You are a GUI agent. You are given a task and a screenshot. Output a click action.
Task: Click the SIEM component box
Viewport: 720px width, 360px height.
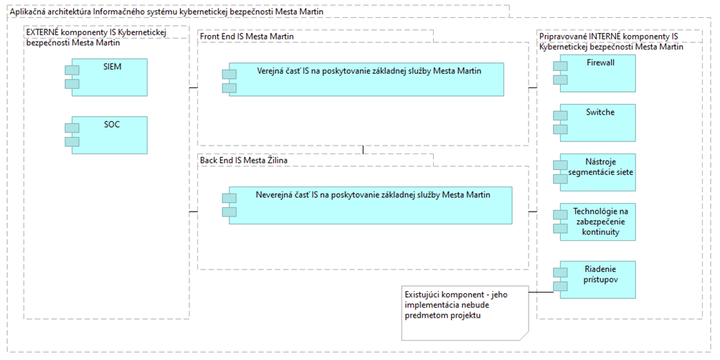pyautogui.click(x=110, y=77)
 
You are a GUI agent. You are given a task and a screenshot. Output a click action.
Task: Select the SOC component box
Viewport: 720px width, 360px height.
pyautogui.click(x=110, y=135)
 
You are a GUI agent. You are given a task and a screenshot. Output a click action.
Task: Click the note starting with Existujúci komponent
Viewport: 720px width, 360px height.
pyautogui.click(x=465, y=312)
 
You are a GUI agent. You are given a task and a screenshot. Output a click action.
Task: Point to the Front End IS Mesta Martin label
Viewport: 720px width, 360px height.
pyautogui.click(x=247, y=36)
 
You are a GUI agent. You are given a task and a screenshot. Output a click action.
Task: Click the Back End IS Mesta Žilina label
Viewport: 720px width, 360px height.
pyautogui.click(x=245, y=160)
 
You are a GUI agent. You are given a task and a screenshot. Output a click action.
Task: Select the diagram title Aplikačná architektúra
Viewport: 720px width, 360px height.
pyautogui.click(x=169, y=11)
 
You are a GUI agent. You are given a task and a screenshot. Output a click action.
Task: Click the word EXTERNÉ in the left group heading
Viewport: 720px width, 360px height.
pyautogui.click(x=43, y=32)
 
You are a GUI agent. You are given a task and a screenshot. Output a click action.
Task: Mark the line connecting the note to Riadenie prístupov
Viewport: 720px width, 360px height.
pyautogui.click(x=541, y=292)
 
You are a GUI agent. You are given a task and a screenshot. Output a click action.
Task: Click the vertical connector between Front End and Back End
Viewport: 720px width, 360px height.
pyautogui.click(x=363, y=150)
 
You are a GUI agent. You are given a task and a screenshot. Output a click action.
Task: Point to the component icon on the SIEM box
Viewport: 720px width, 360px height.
pyautogui.click(x=72, y=77)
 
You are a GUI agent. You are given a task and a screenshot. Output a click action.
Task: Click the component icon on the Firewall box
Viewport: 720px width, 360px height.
pyautogui.click(x=560, y=73)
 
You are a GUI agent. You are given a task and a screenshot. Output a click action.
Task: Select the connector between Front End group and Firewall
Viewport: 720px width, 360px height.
pyautogui.click(x=533, y=87)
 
